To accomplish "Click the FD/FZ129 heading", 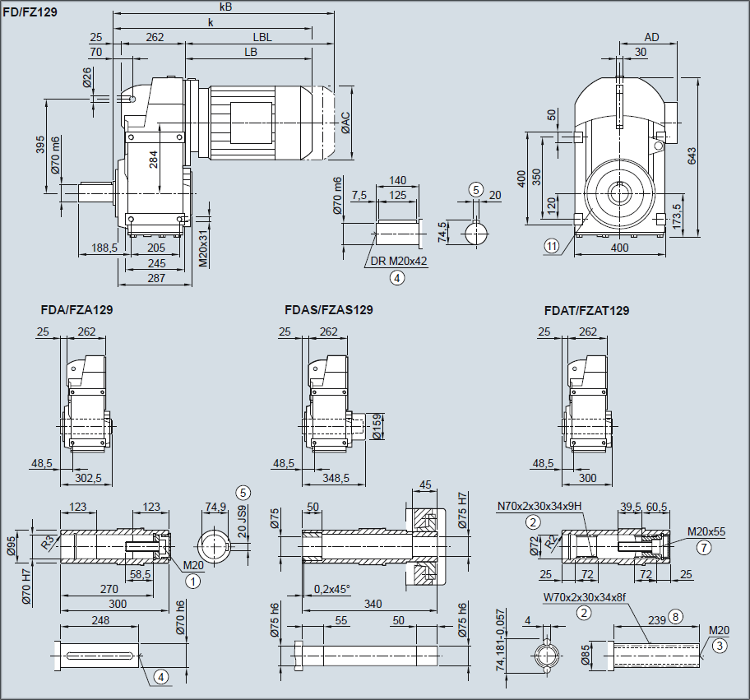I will coord(30,13).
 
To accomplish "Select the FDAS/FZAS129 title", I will coord(329,310).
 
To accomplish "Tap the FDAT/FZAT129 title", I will coord(586,310).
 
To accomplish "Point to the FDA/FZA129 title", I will coord(76,310).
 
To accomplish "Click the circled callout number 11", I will coord(551,244).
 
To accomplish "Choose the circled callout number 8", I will coord(676,615).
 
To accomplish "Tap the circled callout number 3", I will coord(720,646).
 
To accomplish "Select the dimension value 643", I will coord(692,154).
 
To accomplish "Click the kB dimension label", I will coord(226,7).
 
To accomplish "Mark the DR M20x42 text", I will coord(399,261).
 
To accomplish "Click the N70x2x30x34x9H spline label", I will coord(539,507).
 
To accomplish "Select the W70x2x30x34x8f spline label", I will coord(585,597).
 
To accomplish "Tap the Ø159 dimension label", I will coord(377,427).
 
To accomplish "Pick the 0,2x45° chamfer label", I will coord(332,588).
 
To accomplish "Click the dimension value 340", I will coord(373,604).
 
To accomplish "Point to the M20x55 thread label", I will coord(707,531).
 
